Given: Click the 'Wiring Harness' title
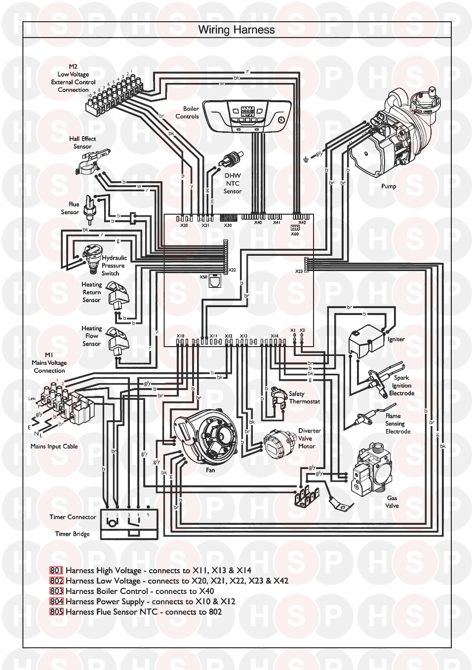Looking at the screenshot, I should tap(237, 30).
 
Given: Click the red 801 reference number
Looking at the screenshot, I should tap(57, 570).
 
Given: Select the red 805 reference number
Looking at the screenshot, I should tap(57, 612).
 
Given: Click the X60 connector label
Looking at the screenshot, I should tap(295, 234).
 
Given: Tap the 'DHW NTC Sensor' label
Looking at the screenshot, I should tap(232, 183).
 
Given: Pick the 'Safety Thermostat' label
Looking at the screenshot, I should tap(304, 397).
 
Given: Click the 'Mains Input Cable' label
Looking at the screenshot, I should tap(54, 446).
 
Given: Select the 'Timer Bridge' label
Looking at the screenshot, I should tap(73, 534).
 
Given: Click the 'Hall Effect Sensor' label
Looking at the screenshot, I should tap(82, 142).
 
